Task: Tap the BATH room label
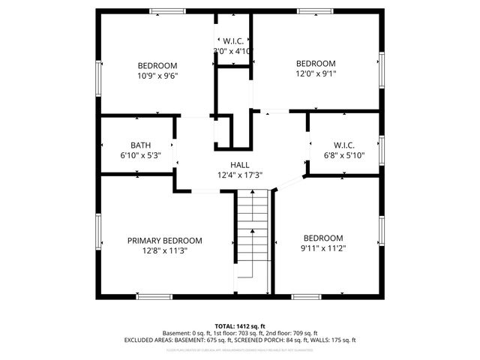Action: (140, 145)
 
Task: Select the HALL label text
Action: (240, 165)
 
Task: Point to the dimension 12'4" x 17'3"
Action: (240, 175)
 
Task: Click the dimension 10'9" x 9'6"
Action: (157, 75)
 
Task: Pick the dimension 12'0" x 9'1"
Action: (316, 73)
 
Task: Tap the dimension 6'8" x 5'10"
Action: (343, 155)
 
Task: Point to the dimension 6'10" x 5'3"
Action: (140, 155)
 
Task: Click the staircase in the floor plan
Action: (252, 240)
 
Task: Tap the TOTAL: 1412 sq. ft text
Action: (239, 325)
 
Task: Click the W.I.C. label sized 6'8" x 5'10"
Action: (343, 145)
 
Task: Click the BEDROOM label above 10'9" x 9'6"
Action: (157, 65)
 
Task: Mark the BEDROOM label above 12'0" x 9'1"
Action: (316, 64)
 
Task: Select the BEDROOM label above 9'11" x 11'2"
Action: (323, 238)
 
